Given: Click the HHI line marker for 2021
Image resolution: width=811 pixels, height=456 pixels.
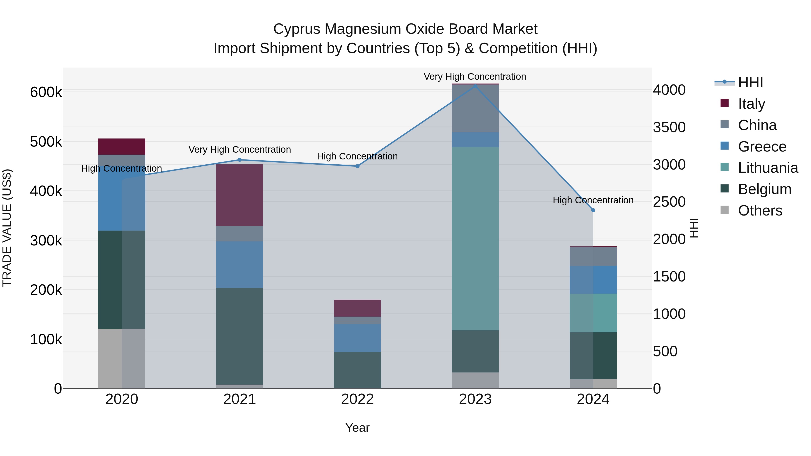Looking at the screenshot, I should [240, 160].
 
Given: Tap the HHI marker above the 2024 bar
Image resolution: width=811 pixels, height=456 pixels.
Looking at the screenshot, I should [593, 210].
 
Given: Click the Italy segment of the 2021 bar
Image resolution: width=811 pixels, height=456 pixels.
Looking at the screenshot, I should [240, 195].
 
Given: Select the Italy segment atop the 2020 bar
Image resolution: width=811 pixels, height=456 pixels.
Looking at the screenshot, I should [122, 147].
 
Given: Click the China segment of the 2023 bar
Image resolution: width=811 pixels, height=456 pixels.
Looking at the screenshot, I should [475, 109].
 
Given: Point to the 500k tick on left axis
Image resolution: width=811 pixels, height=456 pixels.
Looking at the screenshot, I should [46, 142].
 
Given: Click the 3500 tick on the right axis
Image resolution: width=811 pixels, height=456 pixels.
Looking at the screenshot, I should [669, 127].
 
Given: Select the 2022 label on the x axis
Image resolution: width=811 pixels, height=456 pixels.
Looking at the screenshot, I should [357, 399].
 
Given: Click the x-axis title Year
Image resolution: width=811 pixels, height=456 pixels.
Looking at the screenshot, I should [357, 428].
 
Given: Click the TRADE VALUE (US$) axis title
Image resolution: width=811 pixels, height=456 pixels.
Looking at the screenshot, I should [7, 228].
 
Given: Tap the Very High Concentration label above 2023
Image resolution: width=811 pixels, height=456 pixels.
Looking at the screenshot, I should [475, 77].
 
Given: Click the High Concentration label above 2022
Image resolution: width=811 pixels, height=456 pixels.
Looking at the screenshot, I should [357, 157].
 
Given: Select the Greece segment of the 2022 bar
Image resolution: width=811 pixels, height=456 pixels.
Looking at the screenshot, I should [357, 338].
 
